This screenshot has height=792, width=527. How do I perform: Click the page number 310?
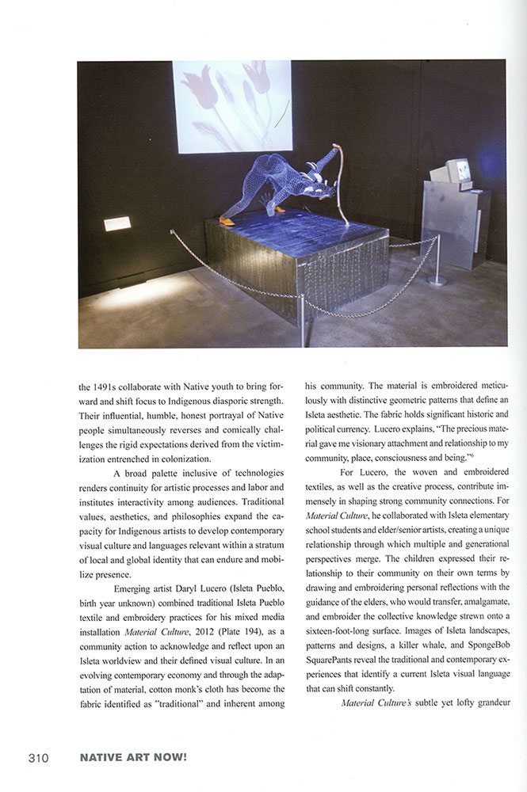[x=37, y=758]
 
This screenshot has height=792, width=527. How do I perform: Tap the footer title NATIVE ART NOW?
[x=132, y=758]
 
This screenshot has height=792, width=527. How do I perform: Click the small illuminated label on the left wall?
[x=117, y=224]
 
